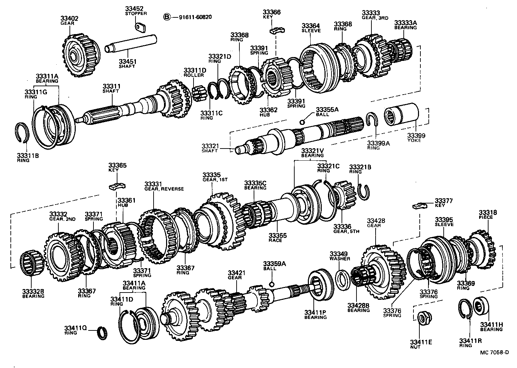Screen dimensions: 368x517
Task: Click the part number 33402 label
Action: coord(70,18)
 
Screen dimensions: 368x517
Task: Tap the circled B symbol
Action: coord(167,17)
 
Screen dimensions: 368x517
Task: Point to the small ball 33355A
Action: coord(302,122)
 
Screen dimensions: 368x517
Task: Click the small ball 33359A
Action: coord(272,284)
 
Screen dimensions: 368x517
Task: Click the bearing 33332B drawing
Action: coord(32,264)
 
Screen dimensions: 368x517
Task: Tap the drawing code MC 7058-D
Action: coord(494,352)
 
